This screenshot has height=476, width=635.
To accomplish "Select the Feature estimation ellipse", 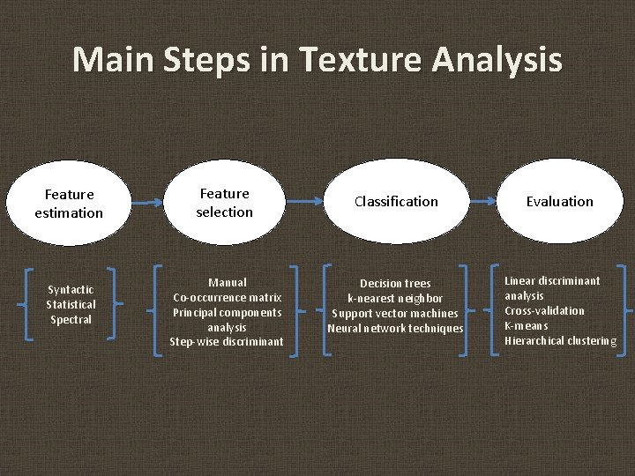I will (69, 203).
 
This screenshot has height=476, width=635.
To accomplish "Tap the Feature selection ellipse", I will (225, 202).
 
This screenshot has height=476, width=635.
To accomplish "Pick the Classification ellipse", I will (396, 202).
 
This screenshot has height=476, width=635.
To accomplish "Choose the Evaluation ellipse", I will (560, 202).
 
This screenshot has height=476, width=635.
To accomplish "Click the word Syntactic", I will (71, 289).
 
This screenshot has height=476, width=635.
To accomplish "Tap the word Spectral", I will (71, 319).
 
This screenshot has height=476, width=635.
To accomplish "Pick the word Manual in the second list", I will (228, 282).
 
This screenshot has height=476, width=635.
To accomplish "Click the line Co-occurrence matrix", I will (228, 297).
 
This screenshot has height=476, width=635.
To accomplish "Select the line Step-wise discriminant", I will (228, 341).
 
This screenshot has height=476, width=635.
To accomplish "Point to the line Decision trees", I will (395, 283).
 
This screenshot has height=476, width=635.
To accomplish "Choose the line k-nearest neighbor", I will (395, 298).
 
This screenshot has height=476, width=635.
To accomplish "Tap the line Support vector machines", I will (395, 313).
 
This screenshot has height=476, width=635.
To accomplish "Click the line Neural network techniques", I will (395, 328).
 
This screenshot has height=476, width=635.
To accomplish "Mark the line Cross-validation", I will (544, 310).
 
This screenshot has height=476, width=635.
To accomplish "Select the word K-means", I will (527, 325).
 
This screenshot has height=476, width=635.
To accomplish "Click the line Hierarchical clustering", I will (560, 340).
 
